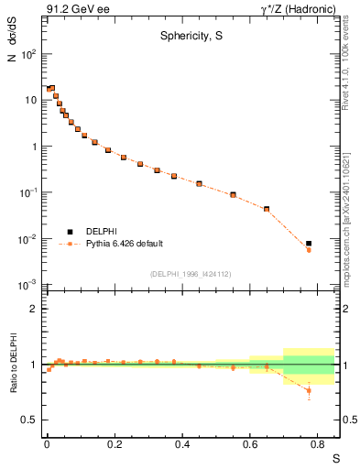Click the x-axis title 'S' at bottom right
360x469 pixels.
pos(334,457)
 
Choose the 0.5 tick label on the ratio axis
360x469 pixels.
pos(29,420)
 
